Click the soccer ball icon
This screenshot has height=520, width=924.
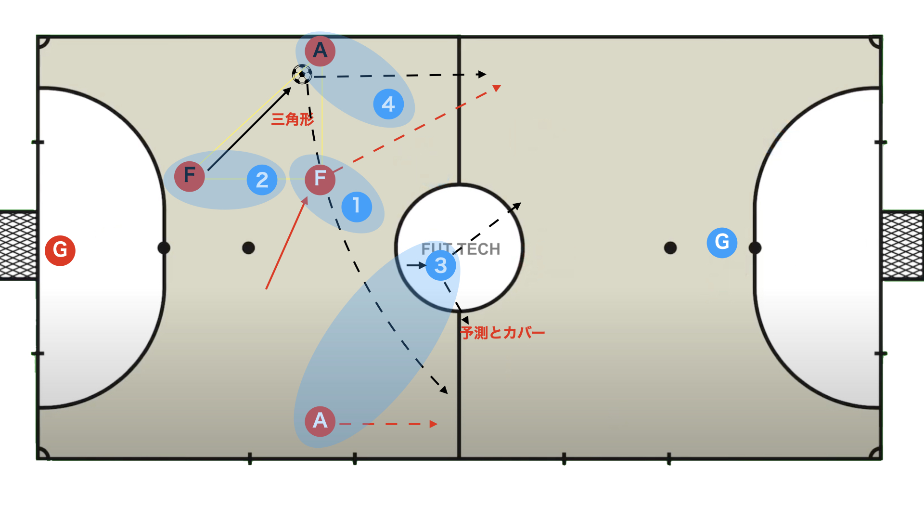point(302,74)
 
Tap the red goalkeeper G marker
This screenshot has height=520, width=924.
point(60,250)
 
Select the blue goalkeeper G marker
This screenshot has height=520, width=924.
point(722,242)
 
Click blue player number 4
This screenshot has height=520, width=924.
point(388,104)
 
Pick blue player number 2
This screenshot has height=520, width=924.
point(262,180)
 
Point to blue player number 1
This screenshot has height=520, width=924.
point(357,206)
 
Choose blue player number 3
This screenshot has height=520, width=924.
point(441,265)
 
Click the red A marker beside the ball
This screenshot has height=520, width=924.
point(320,51)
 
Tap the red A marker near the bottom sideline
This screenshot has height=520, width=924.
point(320,421)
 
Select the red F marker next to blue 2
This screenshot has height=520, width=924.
point(190,176)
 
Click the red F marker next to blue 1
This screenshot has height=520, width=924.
point(320,179)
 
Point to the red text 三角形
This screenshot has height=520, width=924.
point(292,119)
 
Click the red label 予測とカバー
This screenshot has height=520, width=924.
point(502,333)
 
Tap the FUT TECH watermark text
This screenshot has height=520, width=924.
point(461,249)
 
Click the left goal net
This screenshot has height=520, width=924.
point(18,246)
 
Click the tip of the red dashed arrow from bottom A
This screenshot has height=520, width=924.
point(435,424)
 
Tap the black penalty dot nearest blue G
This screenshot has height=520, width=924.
point(670,248)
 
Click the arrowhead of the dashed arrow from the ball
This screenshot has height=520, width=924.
point(483,74)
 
